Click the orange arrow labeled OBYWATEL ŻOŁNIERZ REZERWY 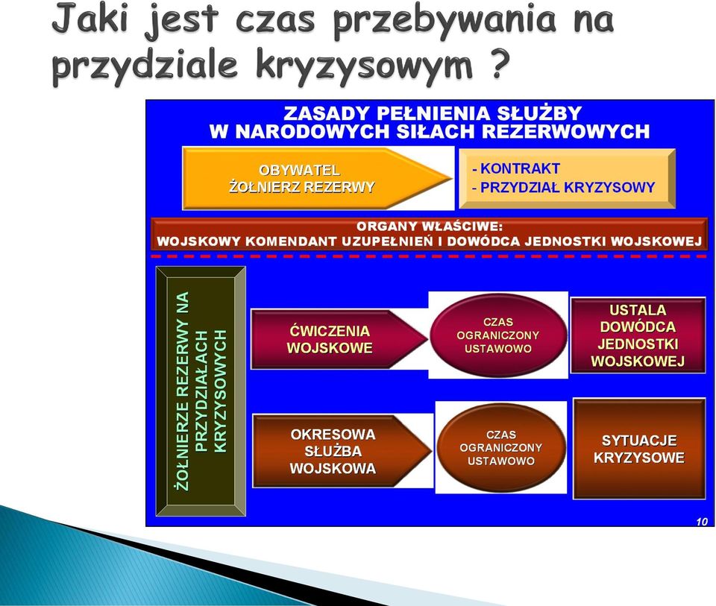(315, 178)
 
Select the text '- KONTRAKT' (516, 168)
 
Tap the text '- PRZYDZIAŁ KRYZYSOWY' (564, 187)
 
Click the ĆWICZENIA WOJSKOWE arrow (338, 339)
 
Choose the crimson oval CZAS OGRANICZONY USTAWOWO (498, 335)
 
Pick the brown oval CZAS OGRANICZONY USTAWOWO (501, 448)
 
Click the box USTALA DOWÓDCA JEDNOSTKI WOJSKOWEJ (638, 335)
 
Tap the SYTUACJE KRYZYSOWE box (639, 449)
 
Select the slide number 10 (702, 521)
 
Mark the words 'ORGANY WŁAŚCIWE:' (430, 227)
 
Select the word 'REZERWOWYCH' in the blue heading (566, 131)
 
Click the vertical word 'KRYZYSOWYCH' (221, 391)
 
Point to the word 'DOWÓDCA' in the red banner (483, 242)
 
